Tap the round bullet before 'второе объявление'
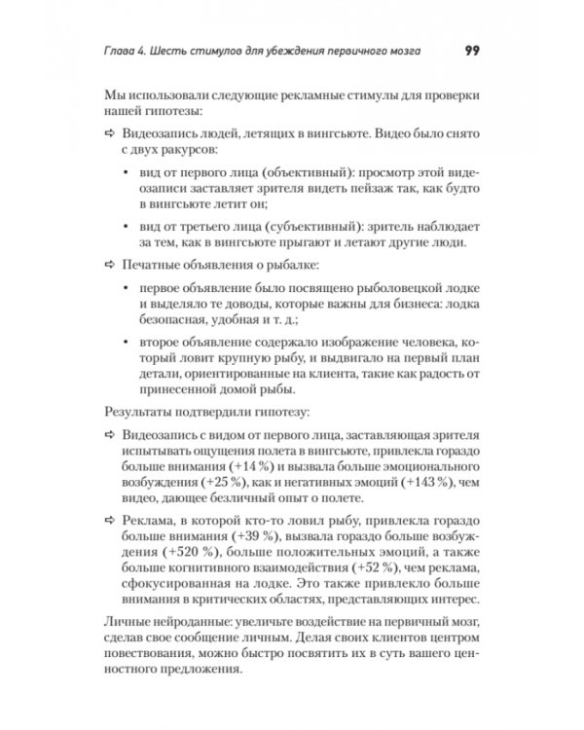[129, 342]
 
